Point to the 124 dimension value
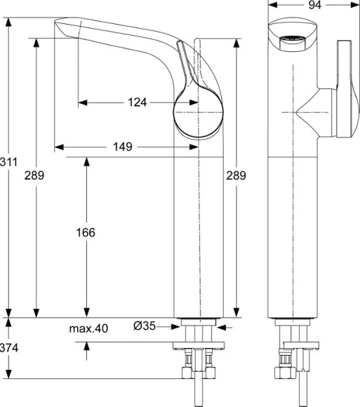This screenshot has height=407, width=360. coord(138,102)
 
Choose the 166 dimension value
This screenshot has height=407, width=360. coord(86,232)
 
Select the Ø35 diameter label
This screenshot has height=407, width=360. coord(145,326)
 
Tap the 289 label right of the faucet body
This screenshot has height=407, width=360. coord(236,176)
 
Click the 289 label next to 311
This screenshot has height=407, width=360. coord(34,176)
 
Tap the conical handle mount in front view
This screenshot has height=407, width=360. coord(309,112)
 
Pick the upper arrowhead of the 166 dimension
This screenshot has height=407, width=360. coord(86,161)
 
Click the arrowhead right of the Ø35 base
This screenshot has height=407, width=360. coord(222,326)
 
